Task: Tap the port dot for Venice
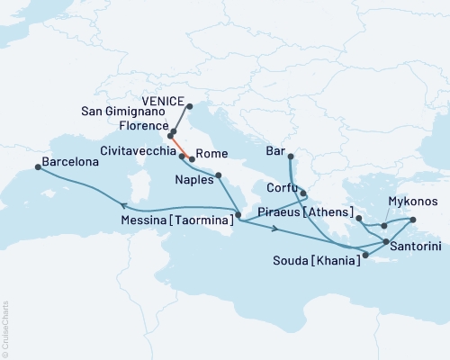pos(189,105)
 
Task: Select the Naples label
pos(193,179)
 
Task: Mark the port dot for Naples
pos(218,175)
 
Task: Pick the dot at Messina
pos(238,215)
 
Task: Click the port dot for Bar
pos(290,156)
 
